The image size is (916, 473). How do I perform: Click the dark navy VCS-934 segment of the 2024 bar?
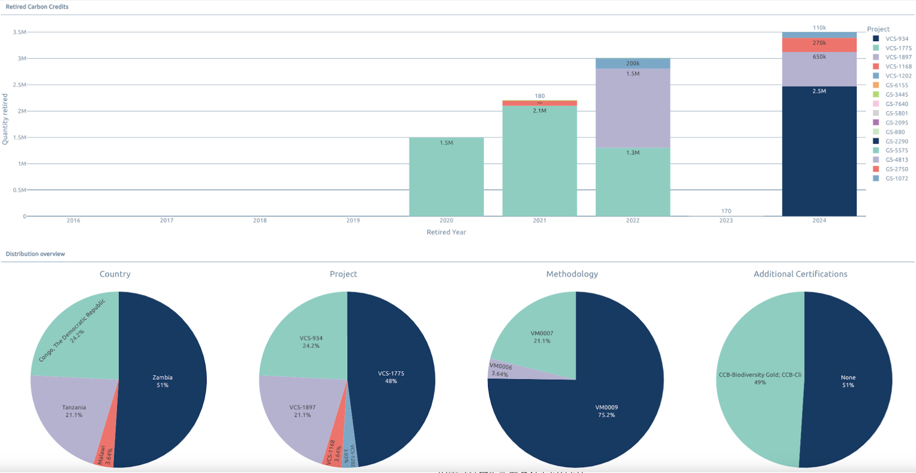coord(819,152)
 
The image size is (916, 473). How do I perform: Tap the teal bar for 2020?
coord(446,179)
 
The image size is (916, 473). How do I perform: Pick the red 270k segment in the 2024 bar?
coord(819,45)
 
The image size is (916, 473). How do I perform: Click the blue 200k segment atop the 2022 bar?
coord(632,63)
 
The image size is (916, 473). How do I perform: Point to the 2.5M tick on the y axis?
coord(19,85)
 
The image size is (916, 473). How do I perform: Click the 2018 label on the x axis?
coord(260,220)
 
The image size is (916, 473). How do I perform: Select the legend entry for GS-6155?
coord(896,85)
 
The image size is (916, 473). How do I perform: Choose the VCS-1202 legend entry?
coord(898,76)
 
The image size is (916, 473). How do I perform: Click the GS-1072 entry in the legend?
coord(896,178)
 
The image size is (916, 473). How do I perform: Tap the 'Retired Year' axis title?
coord(446,232)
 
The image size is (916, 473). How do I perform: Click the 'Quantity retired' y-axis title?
coord(5,119)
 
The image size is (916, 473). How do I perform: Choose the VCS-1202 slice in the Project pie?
coord(349,454)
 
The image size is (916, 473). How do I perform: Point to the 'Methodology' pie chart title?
coord(572,274)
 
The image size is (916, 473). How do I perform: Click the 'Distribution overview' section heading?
coord(35,254)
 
